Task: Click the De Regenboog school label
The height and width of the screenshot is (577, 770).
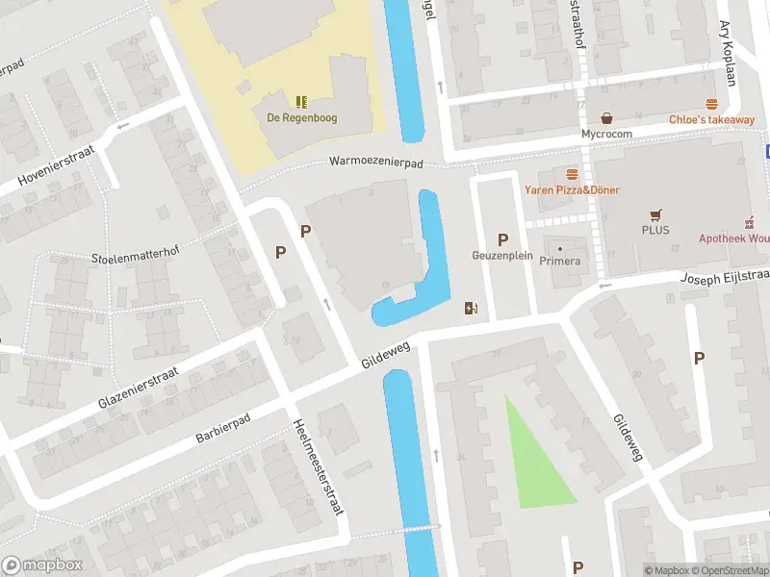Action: [x=302, y=118]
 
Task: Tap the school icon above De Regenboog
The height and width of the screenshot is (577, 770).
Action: [x=302, y=101]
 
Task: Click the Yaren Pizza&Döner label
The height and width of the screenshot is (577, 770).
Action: [x=572, y=189]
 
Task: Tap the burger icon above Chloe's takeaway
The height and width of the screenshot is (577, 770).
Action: [x=711, y=104]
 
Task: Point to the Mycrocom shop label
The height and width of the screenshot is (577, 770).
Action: [x=606, y=135]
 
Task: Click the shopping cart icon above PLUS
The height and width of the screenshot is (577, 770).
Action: [x=656, y=214]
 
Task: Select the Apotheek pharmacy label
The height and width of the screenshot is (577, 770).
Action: [x=733, y=238]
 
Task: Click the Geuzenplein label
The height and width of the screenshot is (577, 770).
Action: [x=501, y=256]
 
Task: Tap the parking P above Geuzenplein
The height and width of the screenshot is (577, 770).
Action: [x=501, y=239]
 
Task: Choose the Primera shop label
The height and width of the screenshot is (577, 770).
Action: [x=559, y=261]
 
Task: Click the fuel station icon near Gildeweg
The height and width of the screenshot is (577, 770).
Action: [x=472, y=308]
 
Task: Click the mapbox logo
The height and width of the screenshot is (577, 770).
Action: [x=41, y=565]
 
